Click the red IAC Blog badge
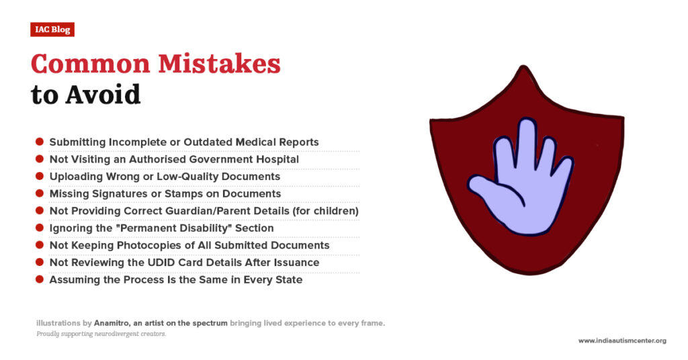[x=52, y=30]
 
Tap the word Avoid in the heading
[x=103, y=95]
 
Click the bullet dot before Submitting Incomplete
[x=40, y=142]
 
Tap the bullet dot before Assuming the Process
[x=40, y=279]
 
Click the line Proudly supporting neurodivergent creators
[x=101, y=334]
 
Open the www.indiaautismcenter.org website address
[x=622, y=341]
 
